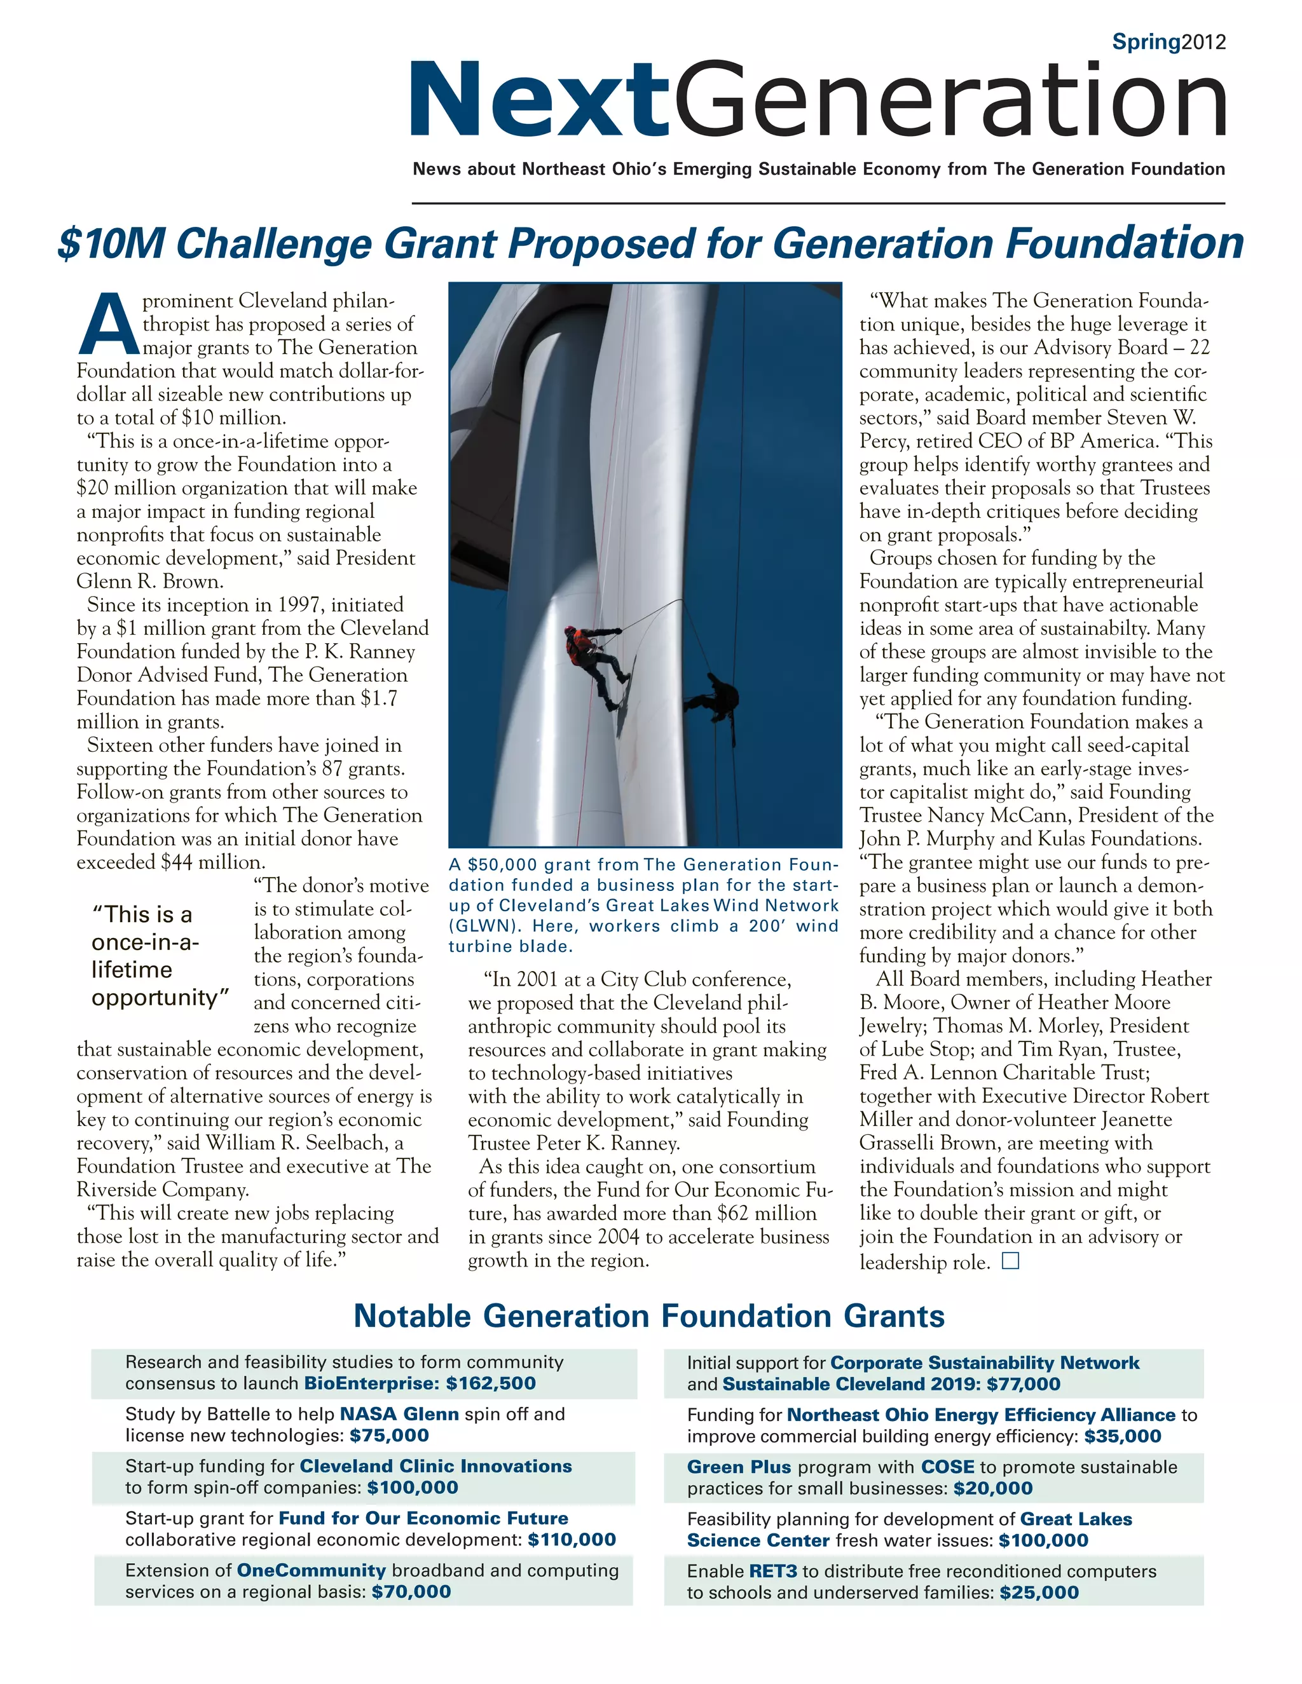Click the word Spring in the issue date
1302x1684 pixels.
[1146, 43]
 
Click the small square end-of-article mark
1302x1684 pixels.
[1010, 1261]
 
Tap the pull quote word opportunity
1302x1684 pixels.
[160, 998]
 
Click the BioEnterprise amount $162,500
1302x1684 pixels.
[491, 1383]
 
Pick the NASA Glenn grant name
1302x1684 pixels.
[399, 1414]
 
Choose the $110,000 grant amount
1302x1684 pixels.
[572, 1540]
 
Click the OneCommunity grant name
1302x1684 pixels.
[311, 1571]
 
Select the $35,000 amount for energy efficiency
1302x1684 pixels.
[1122, 1437]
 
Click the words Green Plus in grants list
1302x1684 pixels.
[738, 1467]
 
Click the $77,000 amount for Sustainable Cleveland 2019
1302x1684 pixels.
[1023, 1384]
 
